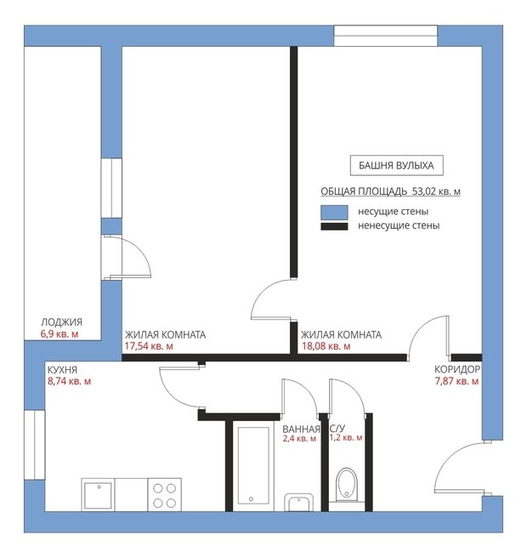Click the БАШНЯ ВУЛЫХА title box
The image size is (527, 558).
[396, 166]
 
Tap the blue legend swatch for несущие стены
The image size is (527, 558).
[334, 213]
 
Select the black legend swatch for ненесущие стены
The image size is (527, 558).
[334, 226]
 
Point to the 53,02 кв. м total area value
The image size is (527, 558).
[436, 191]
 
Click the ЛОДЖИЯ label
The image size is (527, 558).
[61, 322]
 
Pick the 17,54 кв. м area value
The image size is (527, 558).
[149, 346]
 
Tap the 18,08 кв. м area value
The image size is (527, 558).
[326, 346]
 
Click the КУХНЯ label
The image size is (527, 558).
[62, 370]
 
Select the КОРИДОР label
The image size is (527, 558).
[457, 369]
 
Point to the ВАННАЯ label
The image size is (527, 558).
[301, 430]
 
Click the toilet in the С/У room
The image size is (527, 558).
[347, 485]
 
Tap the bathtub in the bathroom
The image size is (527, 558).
[252, 466]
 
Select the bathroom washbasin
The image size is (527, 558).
[299, 502]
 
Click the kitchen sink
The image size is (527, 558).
[98, 495]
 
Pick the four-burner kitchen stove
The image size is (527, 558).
[165, 495]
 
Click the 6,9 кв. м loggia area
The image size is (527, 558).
[59, 334]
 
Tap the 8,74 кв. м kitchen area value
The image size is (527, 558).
[70, 381]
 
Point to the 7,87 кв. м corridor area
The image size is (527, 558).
[456, 381]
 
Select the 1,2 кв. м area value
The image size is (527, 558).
[346, 438]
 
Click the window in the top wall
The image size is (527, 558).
[385, 36]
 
